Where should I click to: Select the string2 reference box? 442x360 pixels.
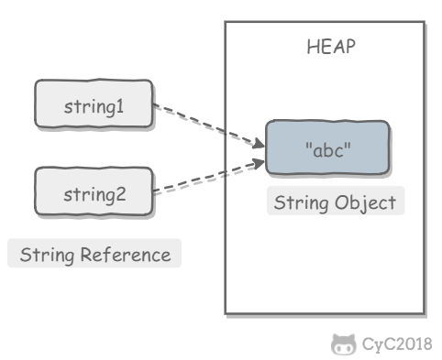click(93, 193)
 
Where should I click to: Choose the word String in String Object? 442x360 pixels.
click(301, 202)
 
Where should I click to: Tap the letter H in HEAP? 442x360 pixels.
click(311, 48)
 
